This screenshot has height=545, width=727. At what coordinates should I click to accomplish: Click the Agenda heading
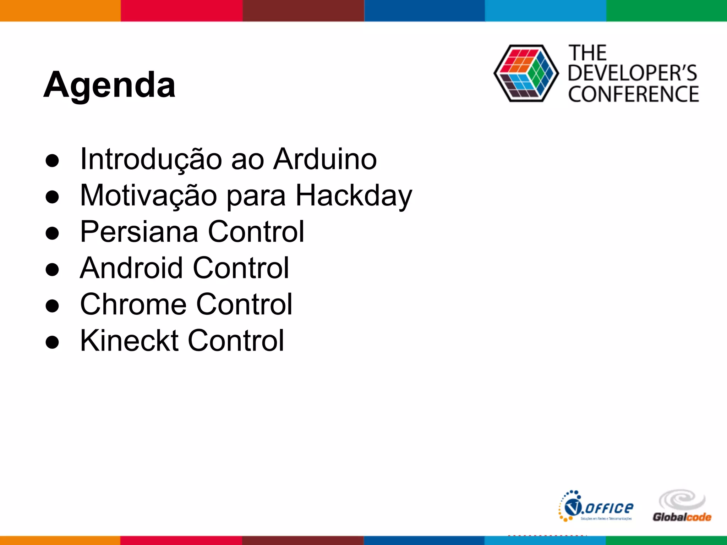pos(109,85)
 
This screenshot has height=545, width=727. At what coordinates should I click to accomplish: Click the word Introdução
pos(151,159)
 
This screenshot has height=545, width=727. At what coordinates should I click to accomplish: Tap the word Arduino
pos(325,159)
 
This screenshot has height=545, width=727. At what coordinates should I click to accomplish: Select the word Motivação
pos(148,196)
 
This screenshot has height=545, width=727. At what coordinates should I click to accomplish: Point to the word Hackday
pos(354,196)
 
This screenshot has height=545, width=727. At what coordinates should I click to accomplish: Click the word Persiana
pos(139,232)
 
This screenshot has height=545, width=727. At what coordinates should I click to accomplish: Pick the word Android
pos(132,268)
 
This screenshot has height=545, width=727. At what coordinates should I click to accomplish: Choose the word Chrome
pos(133,304)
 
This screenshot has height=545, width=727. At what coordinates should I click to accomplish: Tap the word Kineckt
pos(129,341)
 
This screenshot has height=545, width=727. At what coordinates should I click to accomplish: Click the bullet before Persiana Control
pos(52,233)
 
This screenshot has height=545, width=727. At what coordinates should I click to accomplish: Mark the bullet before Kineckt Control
pos(52,342)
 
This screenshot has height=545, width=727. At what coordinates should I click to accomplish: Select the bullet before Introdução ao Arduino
pos(52,160)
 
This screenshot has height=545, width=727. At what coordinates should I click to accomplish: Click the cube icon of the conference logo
pos(526,73)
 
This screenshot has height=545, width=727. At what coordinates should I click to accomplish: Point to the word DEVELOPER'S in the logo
pos(632,73)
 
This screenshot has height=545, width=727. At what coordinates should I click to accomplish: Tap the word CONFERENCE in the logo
pos(633,94)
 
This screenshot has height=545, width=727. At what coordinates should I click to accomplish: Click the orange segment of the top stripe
pos(60,11)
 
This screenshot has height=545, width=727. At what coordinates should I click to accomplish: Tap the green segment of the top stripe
pos(666,11)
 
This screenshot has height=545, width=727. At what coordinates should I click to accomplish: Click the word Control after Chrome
pos(244,304)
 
